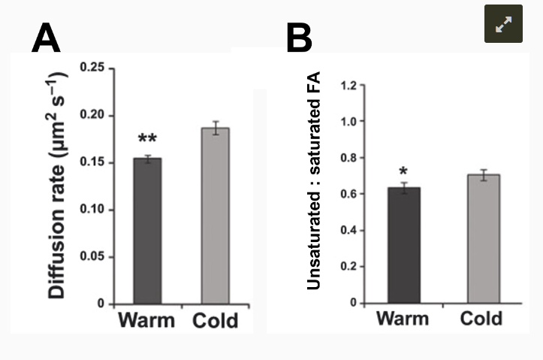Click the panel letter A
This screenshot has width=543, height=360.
(46, 38)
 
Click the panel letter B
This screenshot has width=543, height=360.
(299, 38)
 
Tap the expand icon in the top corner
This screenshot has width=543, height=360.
(502, 24)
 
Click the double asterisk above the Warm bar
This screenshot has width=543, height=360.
(147, 139)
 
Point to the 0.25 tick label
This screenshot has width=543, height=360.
(92, 69)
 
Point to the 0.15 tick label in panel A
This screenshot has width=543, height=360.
(92, 163)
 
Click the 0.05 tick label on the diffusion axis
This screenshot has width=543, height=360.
(92, 257)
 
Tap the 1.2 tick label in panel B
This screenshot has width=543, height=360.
(347, 85)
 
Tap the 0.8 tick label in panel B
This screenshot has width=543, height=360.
(347, 158)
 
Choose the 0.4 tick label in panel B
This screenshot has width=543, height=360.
(347, 231)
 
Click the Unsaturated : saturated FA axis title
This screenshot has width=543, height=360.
(314, 180)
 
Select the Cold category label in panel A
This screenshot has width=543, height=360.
(215, 321)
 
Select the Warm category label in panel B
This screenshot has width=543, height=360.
(402, 319)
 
